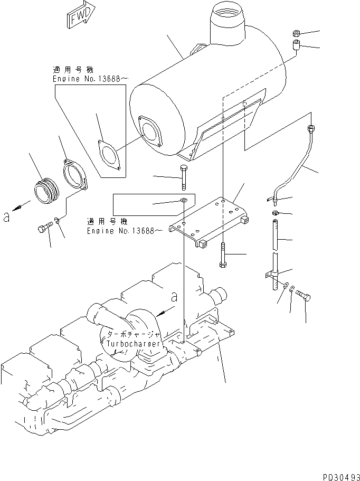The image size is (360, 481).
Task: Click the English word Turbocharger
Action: pos(132,344)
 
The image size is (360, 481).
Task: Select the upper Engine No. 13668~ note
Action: pos(90,79)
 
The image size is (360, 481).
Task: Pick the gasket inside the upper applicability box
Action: pos(110,155)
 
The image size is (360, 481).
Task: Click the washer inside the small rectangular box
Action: pos(183,201)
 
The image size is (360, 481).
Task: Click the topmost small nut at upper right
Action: pos(296,34)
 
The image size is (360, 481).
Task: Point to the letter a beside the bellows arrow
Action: pos(6,216)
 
